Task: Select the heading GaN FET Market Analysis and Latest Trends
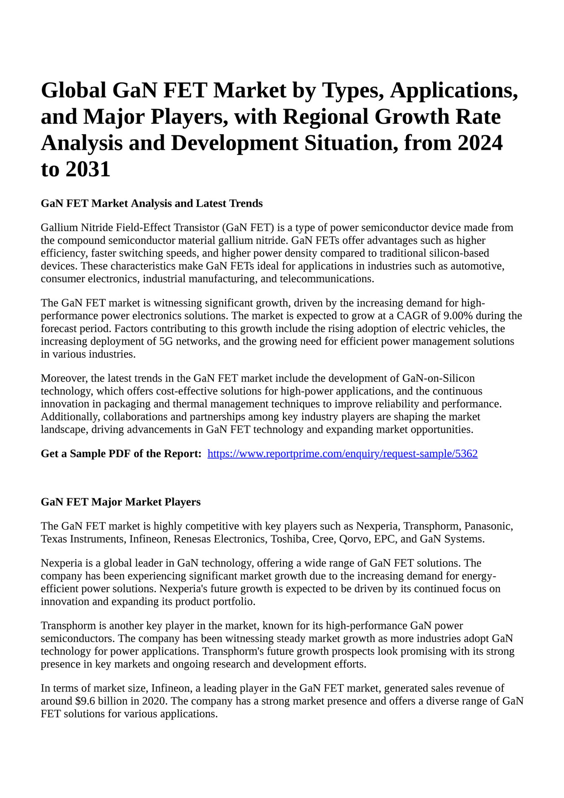click(151, 203)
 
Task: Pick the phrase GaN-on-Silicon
click(438, 378)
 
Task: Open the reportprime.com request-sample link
click(342, 453)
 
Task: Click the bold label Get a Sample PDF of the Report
click(121, 453)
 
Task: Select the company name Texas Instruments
click(83, 539)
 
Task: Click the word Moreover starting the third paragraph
click(64, 378)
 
